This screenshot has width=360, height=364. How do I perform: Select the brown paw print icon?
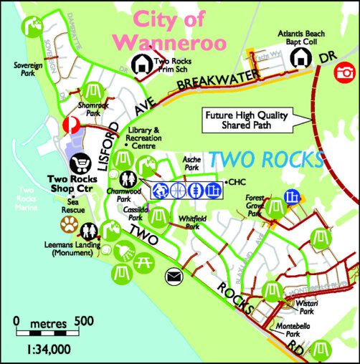(x=69, y=226)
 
